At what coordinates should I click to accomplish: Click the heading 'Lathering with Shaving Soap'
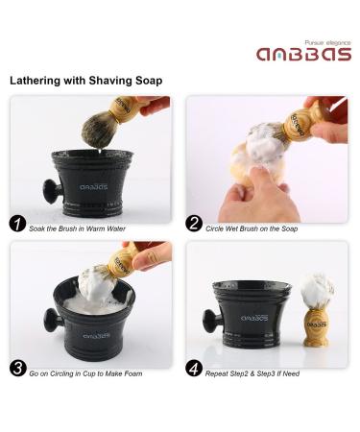pyautogui.click(x=86, y=81)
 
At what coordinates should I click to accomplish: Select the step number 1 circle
pyautogui.click(x=17, y=227)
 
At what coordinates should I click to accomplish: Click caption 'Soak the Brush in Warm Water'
pyautogui.click(x=81, y=228)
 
